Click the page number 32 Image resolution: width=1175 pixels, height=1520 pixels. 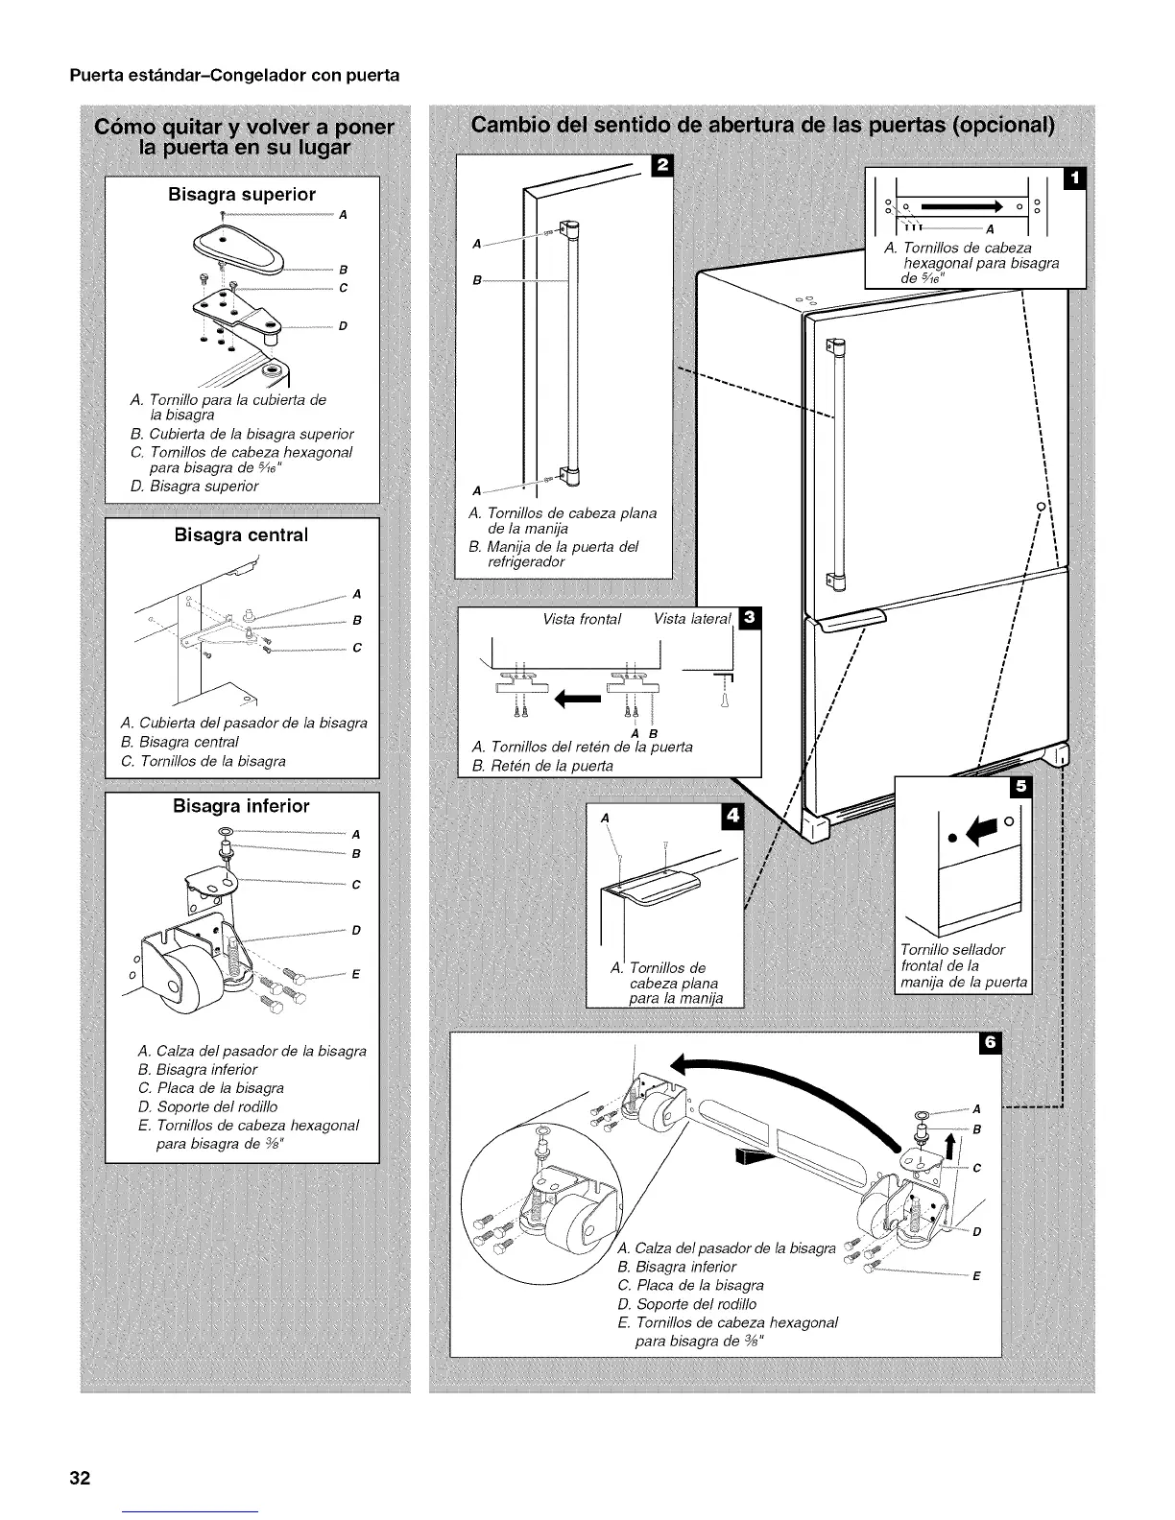point(79,1478)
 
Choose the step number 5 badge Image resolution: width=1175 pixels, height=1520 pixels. point(1020,787)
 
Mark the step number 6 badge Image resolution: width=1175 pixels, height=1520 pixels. point(990,1042)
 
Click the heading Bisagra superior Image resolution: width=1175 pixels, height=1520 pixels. point(242,194)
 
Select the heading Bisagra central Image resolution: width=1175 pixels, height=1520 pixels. point(242,534)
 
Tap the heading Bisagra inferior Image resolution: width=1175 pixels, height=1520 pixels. point(242,806)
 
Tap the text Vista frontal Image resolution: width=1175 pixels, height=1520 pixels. point(582,619)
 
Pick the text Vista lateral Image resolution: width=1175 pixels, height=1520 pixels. point(691,619)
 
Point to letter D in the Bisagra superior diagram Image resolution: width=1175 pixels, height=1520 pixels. point(342,326)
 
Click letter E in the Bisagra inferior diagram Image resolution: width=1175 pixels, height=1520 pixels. point(355,974)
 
